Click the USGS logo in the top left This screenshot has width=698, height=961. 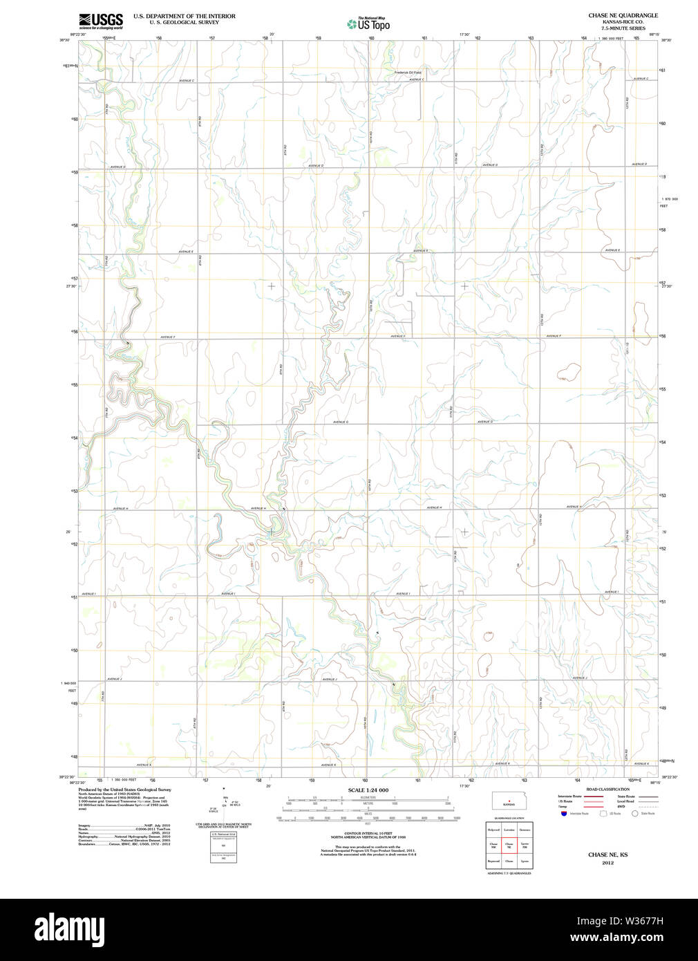point(101,20)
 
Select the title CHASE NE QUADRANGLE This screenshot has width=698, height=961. point(623,15)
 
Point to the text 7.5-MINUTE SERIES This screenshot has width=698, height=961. point(623,28)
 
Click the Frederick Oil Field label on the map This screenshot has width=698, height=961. point(408,72)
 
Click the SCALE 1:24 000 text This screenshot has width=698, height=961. point(368,790)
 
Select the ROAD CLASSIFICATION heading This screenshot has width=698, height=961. point(607,789)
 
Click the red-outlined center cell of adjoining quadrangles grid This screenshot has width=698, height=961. point(509,844)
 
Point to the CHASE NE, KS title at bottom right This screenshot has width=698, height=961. point(607,855)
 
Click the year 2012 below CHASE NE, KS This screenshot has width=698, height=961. point(607,863)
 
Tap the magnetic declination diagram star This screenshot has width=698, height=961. point(223,788)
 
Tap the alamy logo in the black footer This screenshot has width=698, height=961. point(69,929)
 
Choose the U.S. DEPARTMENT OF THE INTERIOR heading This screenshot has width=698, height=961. point(184,16)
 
